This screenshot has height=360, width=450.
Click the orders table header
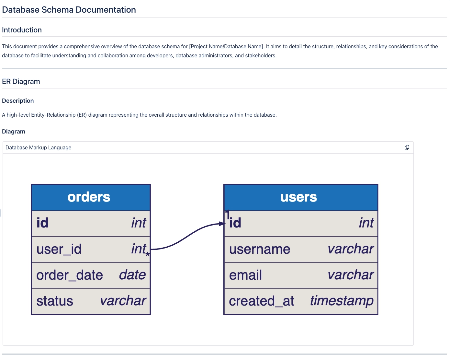89,197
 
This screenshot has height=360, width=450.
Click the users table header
298,197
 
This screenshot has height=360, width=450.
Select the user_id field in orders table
59,249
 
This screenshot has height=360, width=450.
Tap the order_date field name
70,275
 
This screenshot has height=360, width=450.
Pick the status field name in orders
55,301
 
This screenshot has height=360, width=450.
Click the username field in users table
260,249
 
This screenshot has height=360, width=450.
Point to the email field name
245,275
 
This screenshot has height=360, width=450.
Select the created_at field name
262,301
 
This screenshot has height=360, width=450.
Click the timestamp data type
342,301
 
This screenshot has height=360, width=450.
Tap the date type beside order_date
132,275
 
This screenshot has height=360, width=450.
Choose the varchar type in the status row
123,301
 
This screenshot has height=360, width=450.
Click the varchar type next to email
351,275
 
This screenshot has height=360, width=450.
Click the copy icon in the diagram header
407,147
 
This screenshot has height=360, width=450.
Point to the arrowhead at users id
222,224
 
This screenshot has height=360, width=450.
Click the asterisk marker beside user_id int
148,254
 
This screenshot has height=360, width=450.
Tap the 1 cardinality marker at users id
227,214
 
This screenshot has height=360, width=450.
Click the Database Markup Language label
38,147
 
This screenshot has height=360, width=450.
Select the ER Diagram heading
21,81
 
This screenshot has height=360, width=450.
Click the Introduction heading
22,30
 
